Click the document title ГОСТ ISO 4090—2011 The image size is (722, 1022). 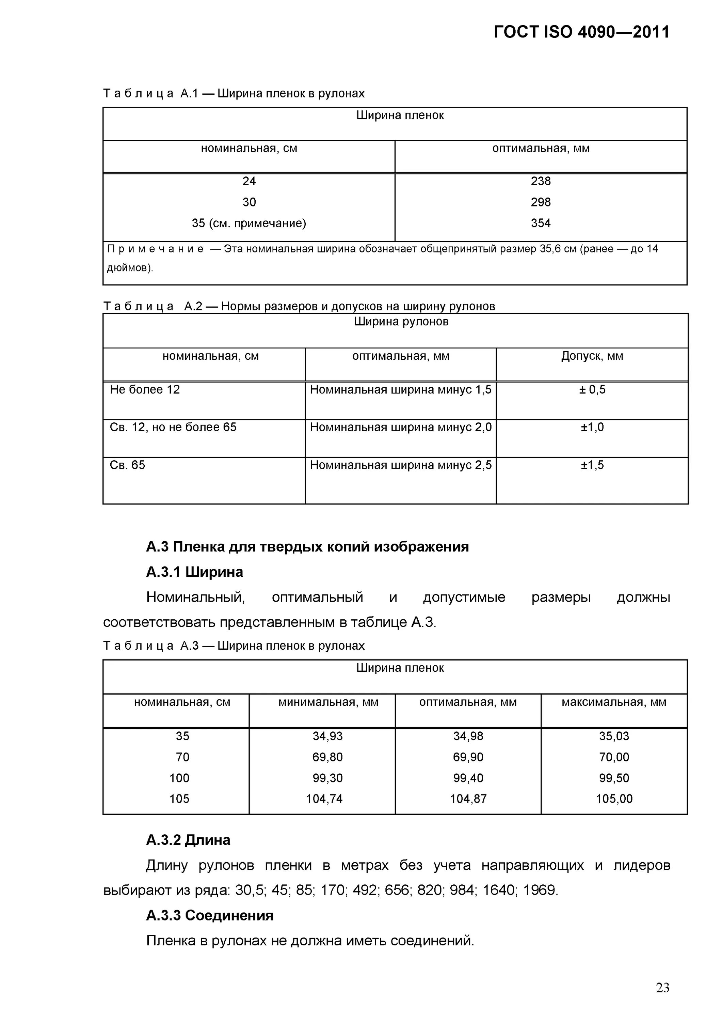click(x=581, y=32)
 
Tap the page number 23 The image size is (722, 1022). click(x=662, y=988)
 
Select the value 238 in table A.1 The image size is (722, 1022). click(x=541, y=181)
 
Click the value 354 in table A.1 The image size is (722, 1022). click(x=541, y=223)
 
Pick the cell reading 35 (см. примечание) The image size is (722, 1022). click(x=249, y=223)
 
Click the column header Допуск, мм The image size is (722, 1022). click(x=592, y=356)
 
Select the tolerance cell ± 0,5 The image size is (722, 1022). click(x=592, y=390)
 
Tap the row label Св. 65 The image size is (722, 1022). click(x=128, y=465)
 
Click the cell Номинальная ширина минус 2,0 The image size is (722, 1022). click(x=400, y=427)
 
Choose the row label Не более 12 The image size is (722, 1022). click(x=145, y=390)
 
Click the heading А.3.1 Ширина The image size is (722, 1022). click(x=194, y=572)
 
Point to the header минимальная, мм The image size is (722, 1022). click(x=328, y=702)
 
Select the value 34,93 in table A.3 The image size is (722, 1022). click(x=327, y=736)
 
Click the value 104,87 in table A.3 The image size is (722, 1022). click(x=468, y=799)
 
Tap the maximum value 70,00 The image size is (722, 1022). click(x=614, y=757)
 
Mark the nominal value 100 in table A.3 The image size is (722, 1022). click(x=179, y=778)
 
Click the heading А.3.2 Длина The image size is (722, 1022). click(x=188, y=840)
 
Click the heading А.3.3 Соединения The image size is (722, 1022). click(x=210, y=916)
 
